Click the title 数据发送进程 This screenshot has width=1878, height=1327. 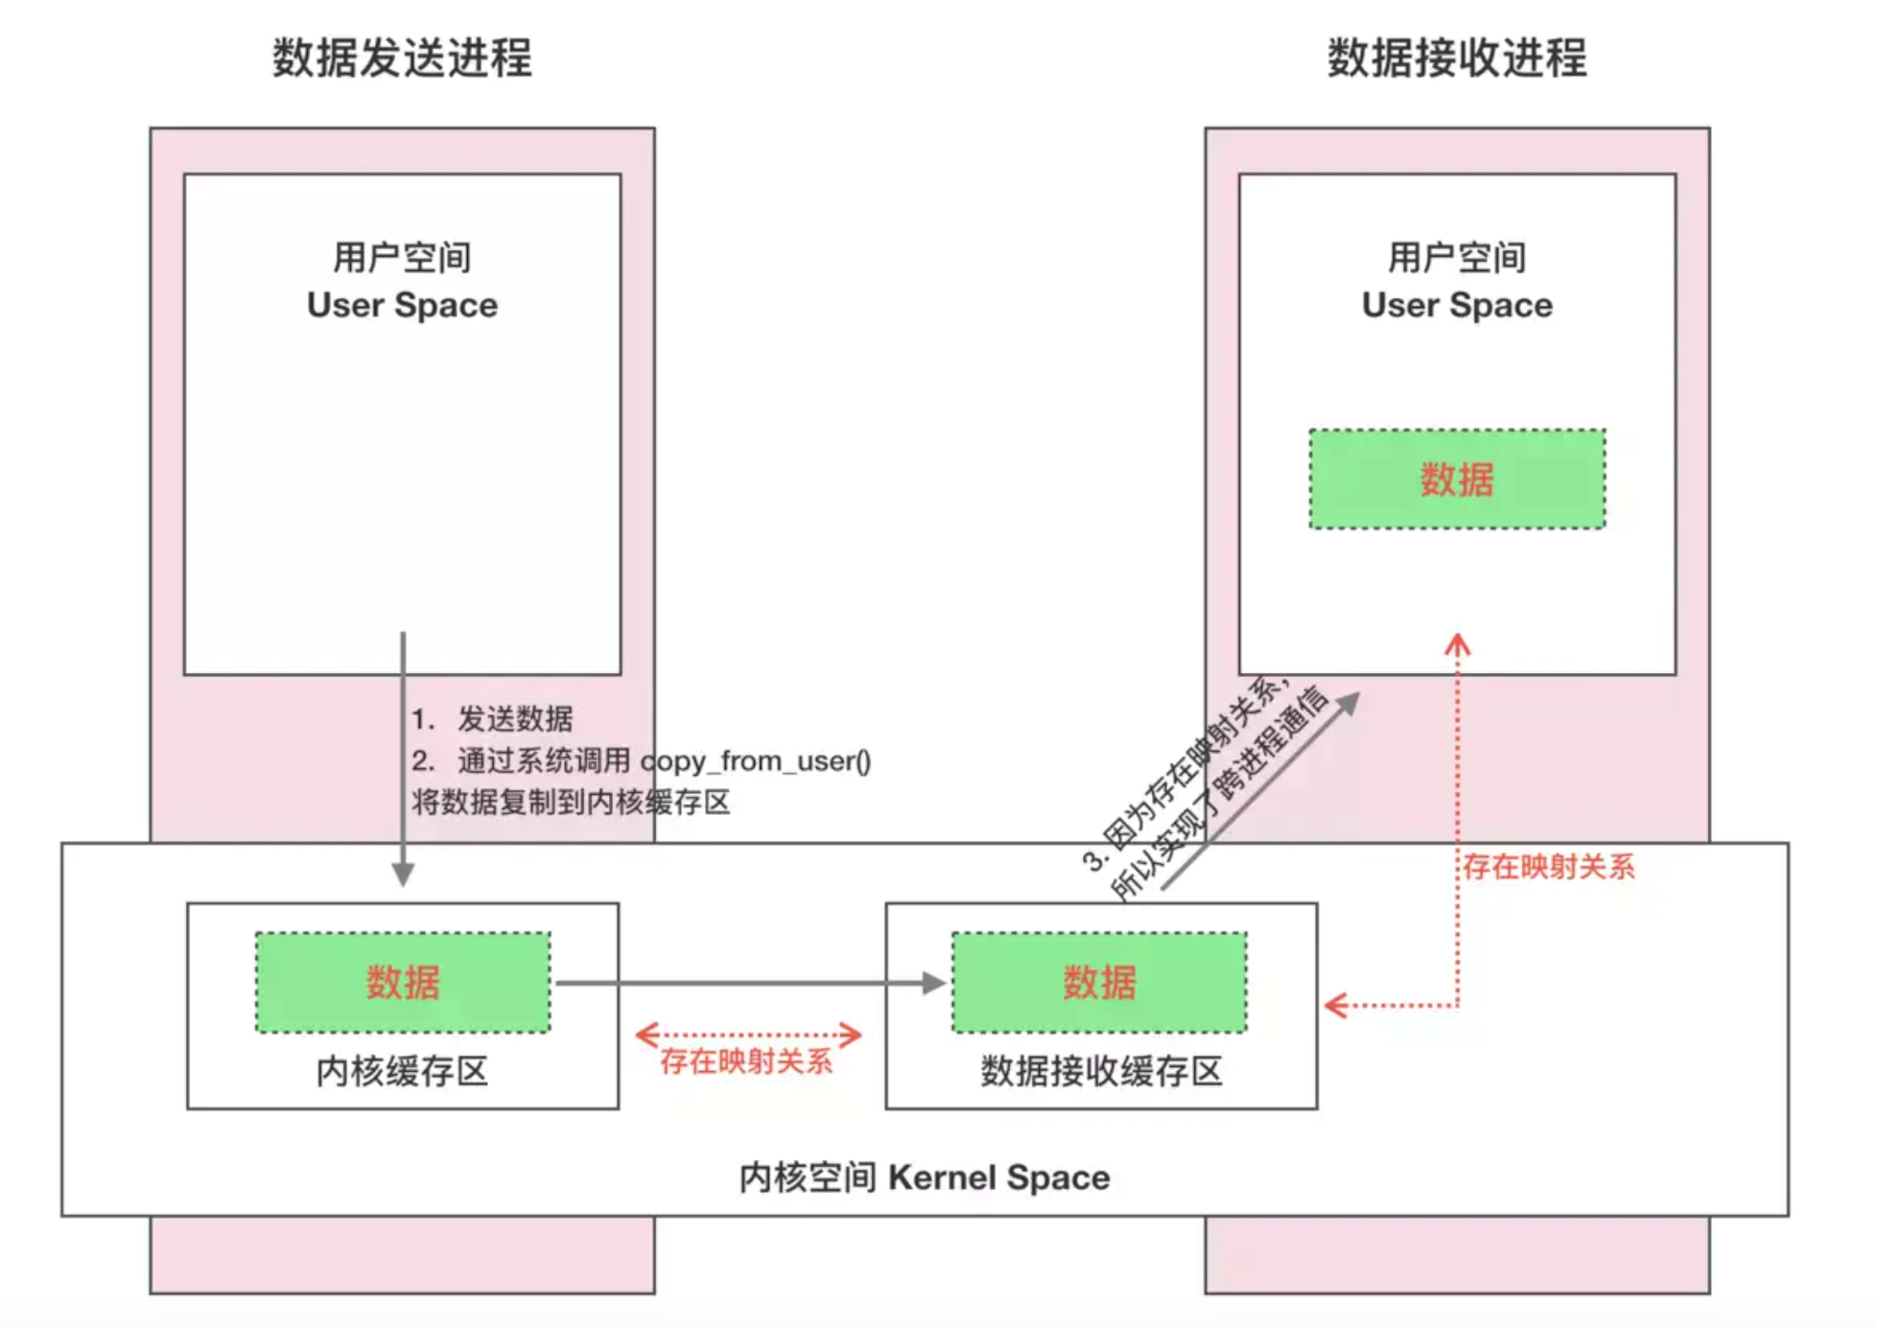[402, 58]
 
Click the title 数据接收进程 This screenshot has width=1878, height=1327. [1456, 58]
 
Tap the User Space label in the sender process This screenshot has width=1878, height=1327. [402, 305]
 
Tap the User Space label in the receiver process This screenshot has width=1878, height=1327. [1456, 305]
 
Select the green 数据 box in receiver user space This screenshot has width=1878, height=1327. [1456, 478]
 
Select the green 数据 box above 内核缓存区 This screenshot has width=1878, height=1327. [403, 982]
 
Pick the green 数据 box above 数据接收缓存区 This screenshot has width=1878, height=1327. [1099, 982]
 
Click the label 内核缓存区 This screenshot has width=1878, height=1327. [402, 1071]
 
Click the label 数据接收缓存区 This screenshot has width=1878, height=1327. [1101, 1071]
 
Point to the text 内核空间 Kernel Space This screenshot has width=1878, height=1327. [924, 1176]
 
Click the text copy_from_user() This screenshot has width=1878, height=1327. [756, 760]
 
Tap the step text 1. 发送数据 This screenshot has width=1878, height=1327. [492, 718]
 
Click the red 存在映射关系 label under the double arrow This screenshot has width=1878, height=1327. [746, 1061]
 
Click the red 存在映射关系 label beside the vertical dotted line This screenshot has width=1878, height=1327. [1548, 867]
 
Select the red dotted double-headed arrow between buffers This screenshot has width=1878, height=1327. [748, 1035]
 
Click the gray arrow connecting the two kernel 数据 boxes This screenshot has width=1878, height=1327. [748, 983]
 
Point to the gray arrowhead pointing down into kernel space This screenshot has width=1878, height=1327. [403, 873]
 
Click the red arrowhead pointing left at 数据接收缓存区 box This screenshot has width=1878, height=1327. [1336, 1005]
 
